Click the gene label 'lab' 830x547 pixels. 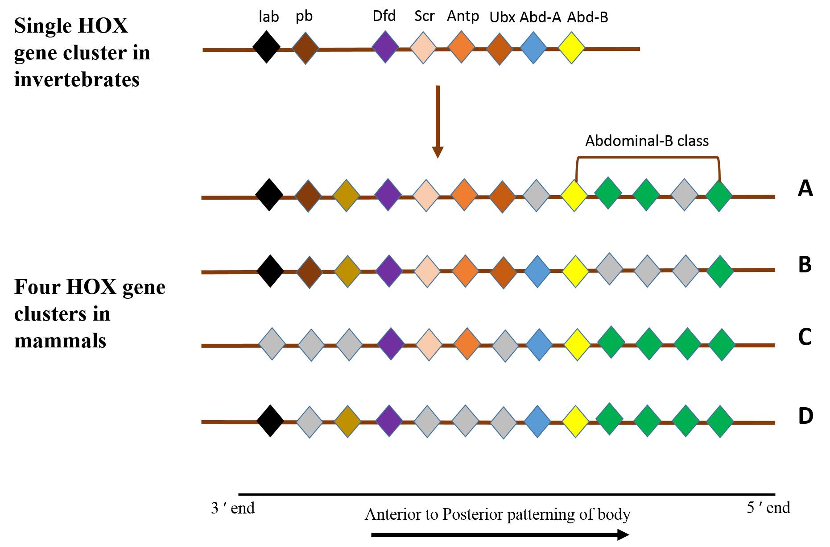coord(268,17)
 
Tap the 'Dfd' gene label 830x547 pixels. coord(384,16)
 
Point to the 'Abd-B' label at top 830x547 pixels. coord(587,17)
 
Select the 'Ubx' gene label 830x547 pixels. coord(502,17)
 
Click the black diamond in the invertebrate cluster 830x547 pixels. coord(266,47)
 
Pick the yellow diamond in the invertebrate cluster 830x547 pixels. coord(571,47)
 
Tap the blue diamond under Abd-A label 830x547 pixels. coord(533,47)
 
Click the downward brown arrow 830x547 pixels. coord(438,121)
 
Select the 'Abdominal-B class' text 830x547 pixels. coord(647,141)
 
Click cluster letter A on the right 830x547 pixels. coord(805,188)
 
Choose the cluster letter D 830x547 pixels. coord(805,416)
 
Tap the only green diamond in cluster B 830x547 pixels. coord(720,271)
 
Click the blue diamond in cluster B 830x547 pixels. coord(537,271)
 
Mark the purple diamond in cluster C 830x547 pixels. coord(391,344)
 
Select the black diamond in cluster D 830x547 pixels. coord(270,421)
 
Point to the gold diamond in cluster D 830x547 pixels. coord(347,421)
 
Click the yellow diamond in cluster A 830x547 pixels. coord(574,195)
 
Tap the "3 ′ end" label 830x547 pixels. coord(233,508)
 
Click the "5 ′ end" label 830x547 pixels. coord(768,508)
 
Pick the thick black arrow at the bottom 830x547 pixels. coord(500,534)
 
